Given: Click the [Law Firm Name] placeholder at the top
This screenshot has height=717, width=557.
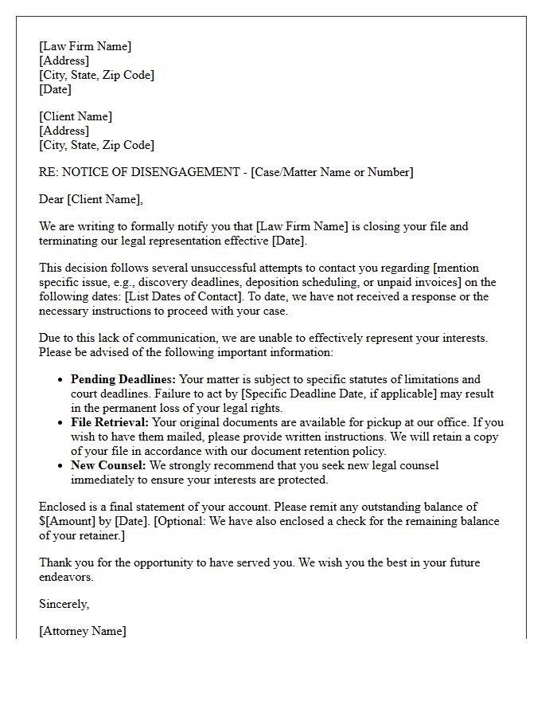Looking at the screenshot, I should [x=85, y=46].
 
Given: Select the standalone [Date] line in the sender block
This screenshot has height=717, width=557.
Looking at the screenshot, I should [x=55, y=89].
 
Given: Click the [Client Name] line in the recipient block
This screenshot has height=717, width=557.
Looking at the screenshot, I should [x=76, y=116].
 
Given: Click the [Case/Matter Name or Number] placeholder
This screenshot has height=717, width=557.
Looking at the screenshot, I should [x=332, y=172].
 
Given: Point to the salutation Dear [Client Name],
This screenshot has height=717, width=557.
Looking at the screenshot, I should [x=91, y=199].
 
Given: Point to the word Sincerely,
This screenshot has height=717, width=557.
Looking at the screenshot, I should [x=64, y=604].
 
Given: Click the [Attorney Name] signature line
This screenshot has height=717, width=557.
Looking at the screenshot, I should [x=83, y=631].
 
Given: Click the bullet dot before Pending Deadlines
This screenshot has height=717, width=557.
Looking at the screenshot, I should [x=60, y=380].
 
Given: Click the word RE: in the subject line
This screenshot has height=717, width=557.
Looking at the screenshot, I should [x=49, y=172].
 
